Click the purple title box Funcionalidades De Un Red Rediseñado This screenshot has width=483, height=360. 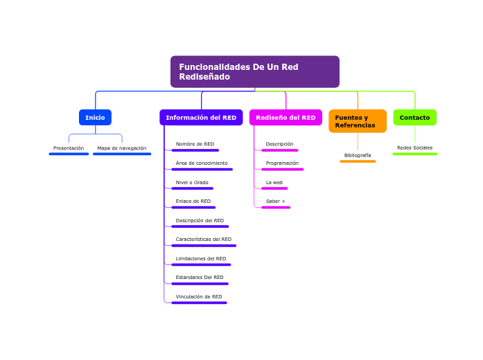pos(254,71)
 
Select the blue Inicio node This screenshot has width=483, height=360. pos(95,118)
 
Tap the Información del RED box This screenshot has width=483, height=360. pos(201,118)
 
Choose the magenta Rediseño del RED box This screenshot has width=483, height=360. pos(286,118)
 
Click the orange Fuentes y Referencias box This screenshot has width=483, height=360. pos(358,121)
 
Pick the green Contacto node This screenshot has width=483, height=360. pos(414,118)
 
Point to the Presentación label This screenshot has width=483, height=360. pos(69,148)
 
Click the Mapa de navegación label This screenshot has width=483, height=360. pos(122,148)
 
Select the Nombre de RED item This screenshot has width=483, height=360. pos(195,144)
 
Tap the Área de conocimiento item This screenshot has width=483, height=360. pos(202,163)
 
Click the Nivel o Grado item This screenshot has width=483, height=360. pos(192,182)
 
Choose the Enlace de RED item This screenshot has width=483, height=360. pos(193,201)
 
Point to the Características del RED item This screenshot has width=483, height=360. pos(204,240)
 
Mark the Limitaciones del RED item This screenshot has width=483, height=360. pos(201,258)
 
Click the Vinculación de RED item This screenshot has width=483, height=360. pos(199,296)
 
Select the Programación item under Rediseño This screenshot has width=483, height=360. pos(282,163)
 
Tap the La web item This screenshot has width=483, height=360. pos(274,182)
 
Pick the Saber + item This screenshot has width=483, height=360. pos(276,201)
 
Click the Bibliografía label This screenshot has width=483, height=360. pos(358,155)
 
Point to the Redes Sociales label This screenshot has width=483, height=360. pos(414,148)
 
